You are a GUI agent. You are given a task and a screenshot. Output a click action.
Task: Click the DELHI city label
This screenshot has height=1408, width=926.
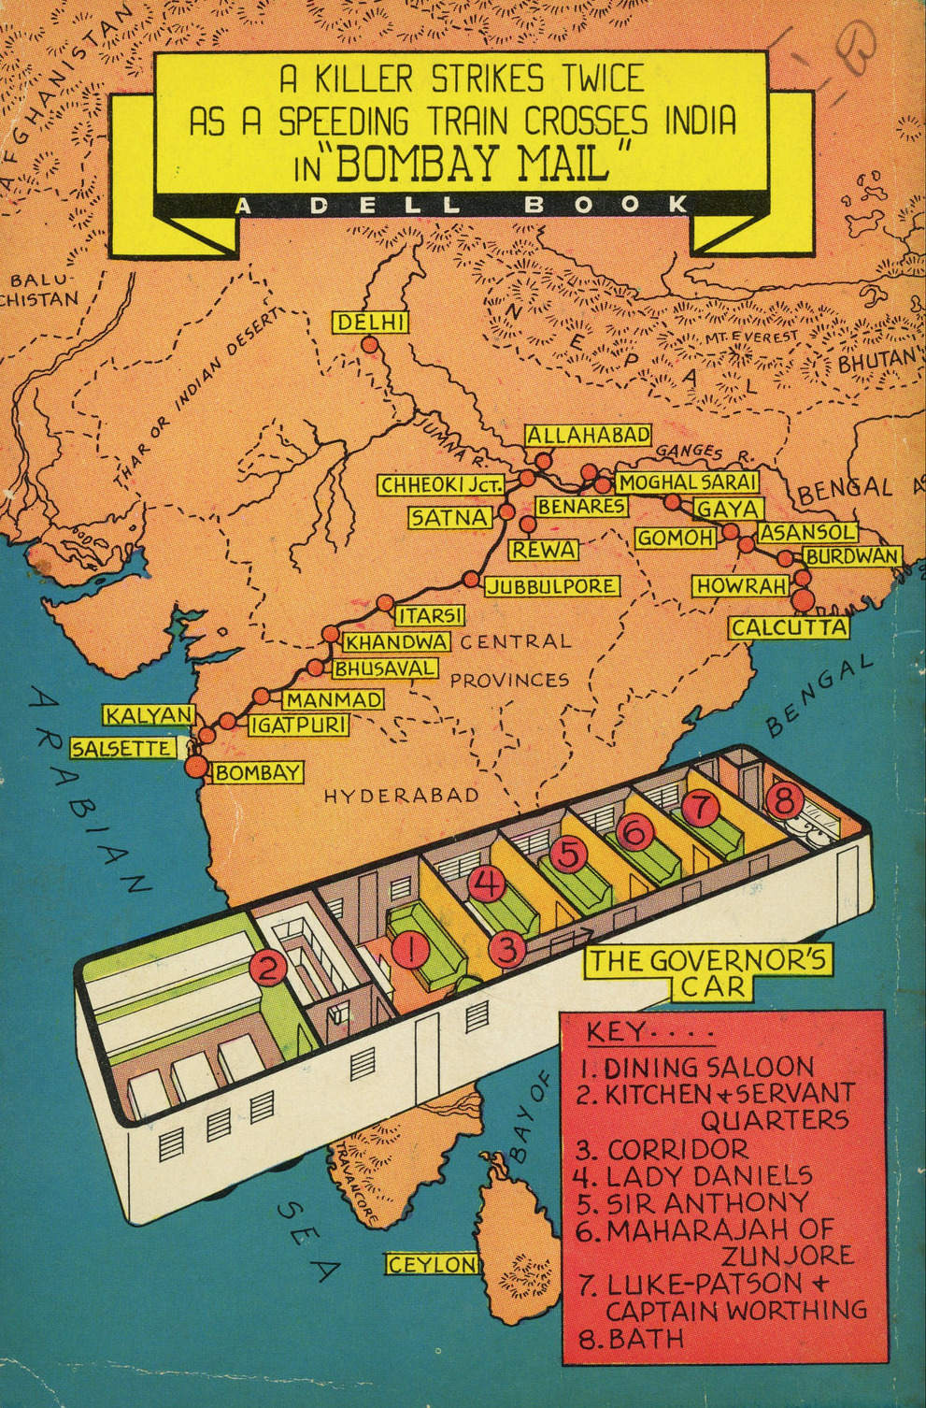click(370, 323)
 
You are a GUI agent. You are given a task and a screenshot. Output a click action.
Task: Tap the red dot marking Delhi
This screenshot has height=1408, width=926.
click(370, 345)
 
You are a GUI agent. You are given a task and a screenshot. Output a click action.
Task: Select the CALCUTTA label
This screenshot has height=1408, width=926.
click(789, 628)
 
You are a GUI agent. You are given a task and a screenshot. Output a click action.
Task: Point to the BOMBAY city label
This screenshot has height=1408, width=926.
click(258, 773)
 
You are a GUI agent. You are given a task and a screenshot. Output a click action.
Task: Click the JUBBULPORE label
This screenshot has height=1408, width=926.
click(551, 586)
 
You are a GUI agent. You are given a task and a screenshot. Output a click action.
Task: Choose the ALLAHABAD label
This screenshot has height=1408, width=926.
click(588, 435)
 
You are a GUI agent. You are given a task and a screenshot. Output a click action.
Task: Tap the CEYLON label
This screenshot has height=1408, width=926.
click(432, 1264)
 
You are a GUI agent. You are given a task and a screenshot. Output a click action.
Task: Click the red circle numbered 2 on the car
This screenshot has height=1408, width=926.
click(268, 969)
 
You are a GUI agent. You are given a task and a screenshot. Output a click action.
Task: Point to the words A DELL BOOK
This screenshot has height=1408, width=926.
click(463, 205)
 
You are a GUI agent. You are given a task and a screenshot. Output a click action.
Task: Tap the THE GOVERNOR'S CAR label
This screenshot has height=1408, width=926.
click(707, 972)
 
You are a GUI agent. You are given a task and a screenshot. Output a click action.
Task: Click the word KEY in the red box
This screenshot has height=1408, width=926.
click(616, 1033)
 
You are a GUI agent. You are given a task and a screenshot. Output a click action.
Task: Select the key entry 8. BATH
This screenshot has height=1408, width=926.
click(632, 1338)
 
